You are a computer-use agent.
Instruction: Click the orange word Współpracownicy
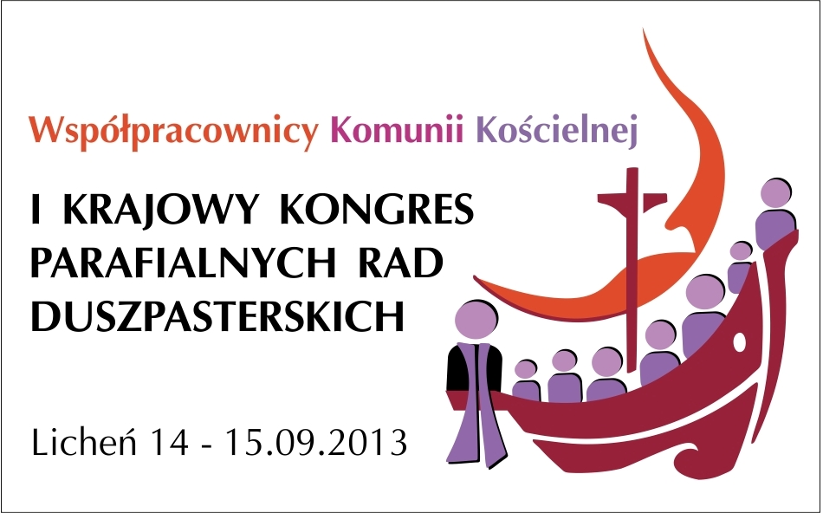pyautogui.click(x=173, y=131)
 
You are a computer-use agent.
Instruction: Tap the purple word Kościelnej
pyautogui.click(x=557, y=131)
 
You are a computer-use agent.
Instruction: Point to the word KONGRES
pyautogui.click(x=376, y=209)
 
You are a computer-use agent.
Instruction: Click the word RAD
pyautogui.click(x=399, y=263)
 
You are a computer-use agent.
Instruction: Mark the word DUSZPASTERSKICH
pyautogui.click(x=217, y=316)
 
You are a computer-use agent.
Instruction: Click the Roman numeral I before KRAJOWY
pyautogui.click(x=36, y=210)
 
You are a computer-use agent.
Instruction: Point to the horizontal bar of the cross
pyautogui.click(x=632, y=199)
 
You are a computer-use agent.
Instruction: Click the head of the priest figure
pyautogui.click(x=476, y=321)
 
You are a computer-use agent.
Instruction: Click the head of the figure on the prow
pyautogui.click(x=775, y=192)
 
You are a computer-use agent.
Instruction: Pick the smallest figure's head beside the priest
pyautogui.click(x=525, y=369)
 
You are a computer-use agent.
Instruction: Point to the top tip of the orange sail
pyautogui.click(x=644, y=30)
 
